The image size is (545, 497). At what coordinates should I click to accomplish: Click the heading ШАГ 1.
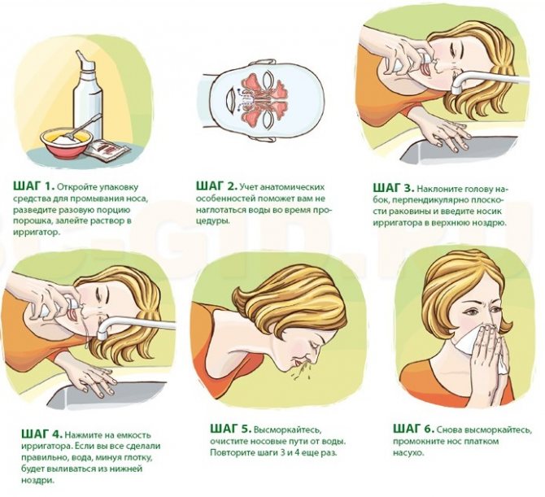[34, 186]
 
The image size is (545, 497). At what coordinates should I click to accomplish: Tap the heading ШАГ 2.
[216, 186]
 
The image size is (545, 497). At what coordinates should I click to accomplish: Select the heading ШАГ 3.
[394, 188]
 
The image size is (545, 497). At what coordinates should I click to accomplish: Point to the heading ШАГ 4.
[42, 434]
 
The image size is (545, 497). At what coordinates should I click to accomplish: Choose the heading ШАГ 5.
[230, 429]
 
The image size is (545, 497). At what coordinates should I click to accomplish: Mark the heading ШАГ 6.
[413, 429]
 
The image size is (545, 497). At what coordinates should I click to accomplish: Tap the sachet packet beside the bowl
[107, 150]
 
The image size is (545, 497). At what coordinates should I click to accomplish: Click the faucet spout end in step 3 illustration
[456, 89]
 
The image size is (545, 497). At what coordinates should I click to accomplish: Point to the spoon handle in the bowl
[89, 124]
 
